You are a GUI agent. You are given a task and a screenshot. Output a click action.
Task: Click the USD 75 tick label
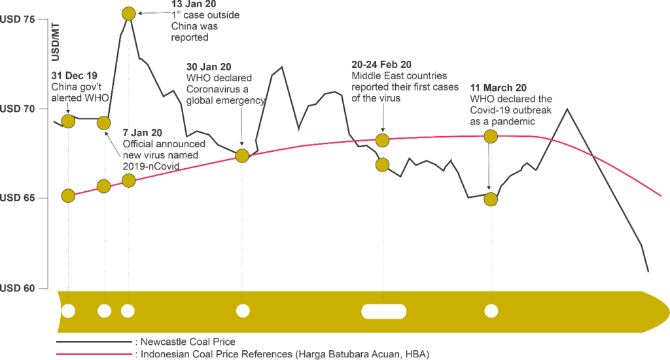pyautogui.click(x=17, y=20)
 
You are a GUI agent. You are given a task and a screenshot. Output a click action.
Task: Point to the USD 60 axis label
pyautogui.click(x=17, y=288)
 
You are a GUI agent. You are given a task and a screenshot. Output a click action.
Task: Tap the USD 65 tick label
pyautogui.click(x=17, y=198)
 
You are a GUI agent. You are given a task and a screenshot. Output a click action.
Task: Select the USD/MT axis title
pyautogui.click(x=55, y=43)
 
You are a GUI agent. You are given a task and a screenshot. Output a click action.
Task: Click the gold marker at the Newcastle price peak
pyautogui.click(x=129, y=14)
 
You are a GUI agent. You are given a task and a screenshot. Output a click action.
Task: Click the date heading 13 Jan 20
pyautogui.click(x=194, y=4)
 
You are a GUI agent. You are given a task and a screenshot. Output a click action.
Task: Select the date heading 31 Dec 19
pyautogui.click(x=75, y=76)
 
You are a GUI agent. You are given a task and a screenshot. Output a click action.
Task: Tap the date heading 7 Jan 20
pyautogui.click(x=142, y=133)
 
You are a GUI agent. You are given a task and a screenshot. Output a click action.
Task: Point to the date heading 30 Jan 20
pyautogui.click(x=209, y=67)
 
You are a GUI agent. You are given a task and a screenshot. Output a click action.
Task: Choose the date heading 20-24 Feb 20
pyautogui.click(x=381, y=65)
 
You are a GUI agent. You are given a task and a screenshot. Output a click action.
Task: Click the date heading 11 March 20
pyautogui.click(x=498, y=88)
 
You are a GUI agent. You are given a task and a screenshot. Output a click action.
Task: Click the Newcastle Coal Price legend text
pyautogui.click(x=188, y=342)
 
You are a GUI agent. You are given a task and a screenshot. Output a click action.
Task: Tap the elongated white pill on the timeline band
pyautogui.click(x=383, y=312)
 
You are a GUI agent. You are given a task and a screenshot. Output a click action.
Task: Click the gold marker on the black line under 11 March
pyautogui.click(x=491, y=199)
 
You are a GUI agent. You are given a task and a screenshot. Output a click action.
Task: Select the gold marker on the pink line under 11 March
pyautogui.click(x=491, y=136)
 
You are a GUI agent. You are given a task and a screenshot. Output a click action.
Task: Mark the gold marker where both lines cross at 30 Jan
pyautogui.click(x=242, y=156)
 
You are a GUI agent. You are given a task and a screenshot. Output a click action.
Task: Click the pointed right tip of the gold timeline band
pyautogui.click(x=669, y=312)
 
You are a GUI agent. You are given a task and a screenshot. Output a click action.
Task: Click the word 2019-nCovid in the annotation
pyautogui.click(x=151, y=166)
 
